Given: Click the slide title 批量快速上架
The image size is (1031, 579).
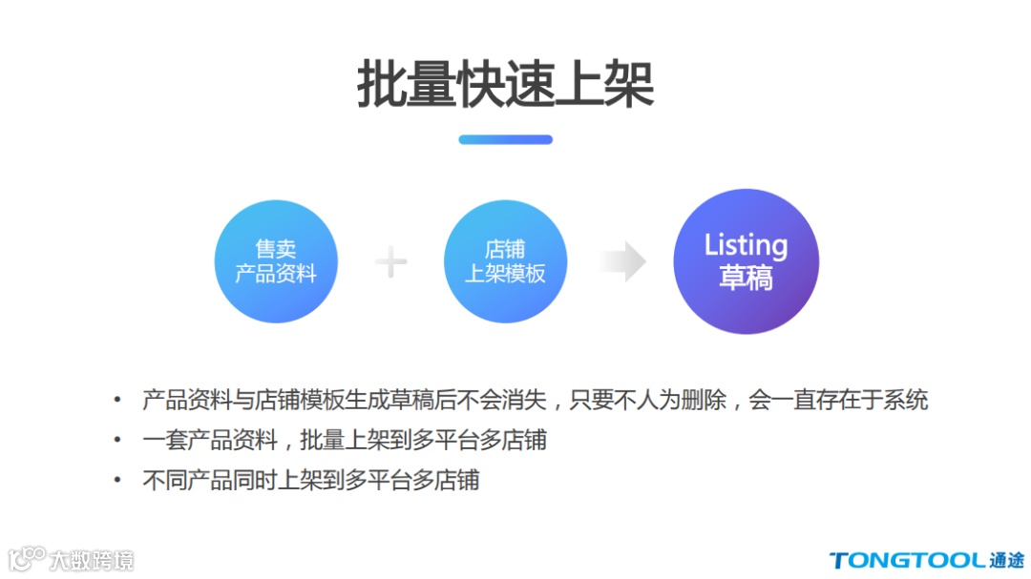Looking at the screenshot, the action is coord(505,86).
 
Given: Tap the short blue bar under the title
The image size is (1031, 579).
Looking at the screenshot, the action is coord(505,139).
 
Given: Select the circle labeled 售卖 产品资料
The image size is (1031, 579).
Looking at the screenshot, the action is coord(276,261).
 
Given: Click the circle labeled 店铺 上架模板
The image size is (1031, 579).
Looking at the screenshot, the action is coord(505,261).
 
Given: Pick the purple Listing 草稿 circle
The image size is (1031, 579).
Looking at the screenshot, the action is coord(746,261).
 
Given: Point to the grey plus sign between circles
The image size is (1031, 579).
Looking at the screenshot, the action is coord(390,262).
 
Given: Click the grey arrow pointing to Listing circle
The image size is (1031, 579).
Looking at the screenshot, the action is coord(621,262).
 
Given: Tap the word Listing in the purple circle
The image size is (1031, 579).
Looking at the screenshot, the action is coord(746,245).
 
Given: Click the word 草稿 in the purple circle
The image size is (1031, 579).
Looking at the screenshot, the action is coord(746,279).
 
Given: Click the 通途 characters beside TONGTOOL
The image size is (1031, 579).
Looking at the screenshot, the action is coord(1007,560).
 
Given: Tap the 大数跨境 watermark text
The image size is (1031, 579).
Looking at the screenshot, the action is coord(92,560).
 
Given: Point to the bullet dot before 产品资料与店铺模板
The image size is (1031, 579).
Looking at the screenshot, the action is coord(117,400).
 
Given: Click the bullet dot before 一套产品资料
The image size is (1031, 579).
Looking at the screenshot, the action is coord(117,440).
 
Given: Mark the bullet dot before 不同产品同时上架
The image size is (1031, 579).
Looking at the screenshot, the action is coord(117,480).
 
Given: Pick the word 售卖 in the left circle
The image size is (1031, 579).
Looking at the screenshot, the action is coord(276,250).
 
